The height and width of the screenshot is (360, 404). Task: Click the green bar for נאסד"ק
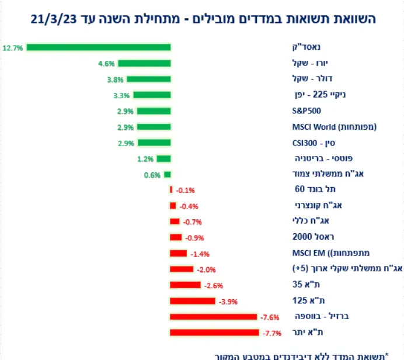coord(98,47)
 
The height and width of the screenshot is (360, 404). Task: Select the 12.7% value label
coord(12,48)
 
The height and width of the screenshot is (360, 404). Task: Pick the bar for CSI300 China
coord(154,143)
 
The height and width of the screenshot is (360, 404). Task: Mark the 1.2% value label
coord(145,158)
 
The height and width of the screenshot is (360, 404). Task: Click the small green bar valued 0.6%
coord(168,174)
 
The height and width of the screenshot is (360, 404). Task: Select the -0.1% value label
coord(185,190)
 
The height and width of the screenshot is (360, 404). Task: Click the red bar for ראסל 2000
coord(176,237)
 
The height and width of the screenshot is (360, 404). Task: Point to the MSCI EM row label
coord(327,253)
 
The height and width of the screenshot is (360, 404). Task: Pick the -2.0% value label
coord(206,269)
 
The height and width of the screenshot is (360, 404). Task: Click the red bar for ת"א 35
coord(185,285)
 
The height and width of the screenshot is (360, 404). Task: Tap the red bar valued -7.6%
coord(213,317)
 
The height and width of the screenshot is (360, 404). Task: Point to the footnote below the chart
coord(305,354)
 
